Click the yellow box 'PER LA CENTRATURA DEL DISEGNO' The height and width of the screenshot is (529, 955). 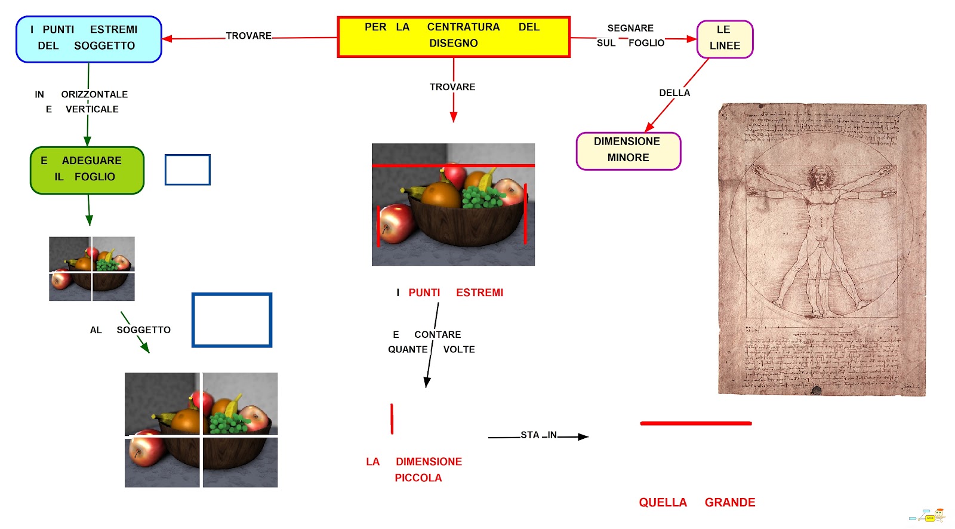[x=454, y=36]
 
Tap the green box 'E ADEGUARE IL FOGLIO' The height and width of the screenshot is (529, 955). [x=87, y=170]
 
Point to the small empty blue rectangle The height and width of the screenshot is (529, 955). [x=187, y=170]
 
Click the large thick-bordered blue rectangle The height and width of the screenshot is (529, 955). [x=232, y=320]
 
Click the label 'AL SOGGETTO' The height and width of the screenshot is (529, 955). [x=131, y=330]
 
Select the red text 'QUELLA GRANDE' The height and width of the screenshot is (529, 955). [x=697, y=503]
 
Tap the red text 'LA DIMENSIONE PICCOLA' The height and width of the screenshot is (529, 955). [x=414, y=469]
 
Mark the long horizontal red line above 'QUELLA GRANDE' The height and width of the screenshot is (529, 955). [x=695, y=423]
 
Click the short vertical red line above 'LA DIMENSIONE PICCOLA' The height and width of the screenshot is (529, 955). [x=392, y=419]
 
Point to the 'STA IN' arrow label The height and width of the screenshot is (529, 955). [x=538, y=435]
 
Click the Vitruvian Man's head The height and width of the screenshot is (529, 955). [x=821, y=176]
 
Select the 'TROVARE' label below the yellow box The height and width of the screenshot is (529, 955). [x=452, y=87]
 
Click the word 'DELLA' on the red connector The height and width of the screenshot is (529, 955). [x=674, y=93]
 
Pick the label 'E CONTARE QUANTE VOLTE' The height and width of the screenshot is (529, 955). [x=431, y=342]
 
